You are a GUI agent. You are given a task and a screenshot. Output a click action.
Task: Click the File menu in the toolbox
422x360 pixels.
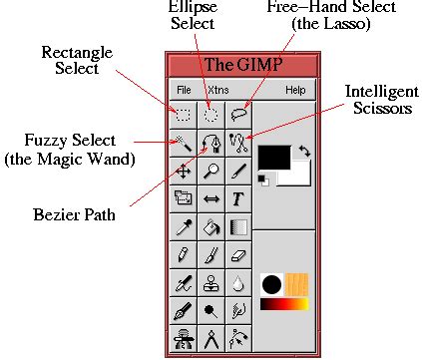click(184, 90)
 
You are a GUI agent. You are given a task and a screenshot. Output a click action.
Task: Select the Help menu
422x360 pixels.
click(295, 90)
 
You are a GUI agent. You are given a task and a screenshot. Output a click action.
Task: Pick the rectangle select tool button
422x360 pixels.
click(184, 114)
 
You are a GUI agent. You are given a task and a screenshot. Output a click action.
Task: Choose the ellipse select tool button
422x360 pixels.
click(211, 114)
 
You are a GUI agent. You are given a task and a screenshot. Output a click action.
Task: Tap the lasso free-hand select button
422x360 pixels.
click(238, 114)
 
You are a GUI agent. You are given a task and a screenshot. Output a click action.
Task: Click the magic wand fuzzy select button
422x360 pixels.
click(184, 143)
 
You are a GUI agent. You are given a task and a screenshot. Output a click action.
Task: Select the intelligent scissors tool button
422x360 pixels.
click(238, 143)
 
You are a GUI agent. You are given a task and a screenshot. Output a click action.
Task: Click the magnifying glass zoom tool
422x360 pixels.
click(211, 171)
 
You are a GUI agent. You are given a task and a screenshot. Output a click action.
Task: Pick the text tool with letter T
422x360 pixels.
click(238, 198)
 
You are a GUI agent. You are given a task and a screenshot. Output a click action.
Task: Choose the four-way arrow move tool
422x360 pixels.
click(184, 171)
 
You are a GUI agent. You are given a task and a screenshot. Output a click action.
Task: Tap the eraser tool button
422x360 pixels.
click(238, 255)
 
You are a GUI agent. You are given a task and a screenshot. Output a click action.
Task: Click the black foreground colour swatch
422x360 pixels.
click(272, 157)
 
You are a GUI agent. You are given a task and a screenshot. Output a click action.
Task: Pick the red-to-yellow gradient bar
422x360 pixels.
click(284, 303)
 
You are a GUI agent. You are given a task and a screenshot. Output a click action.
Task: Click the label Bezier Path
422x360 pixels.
click(75, 212)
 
